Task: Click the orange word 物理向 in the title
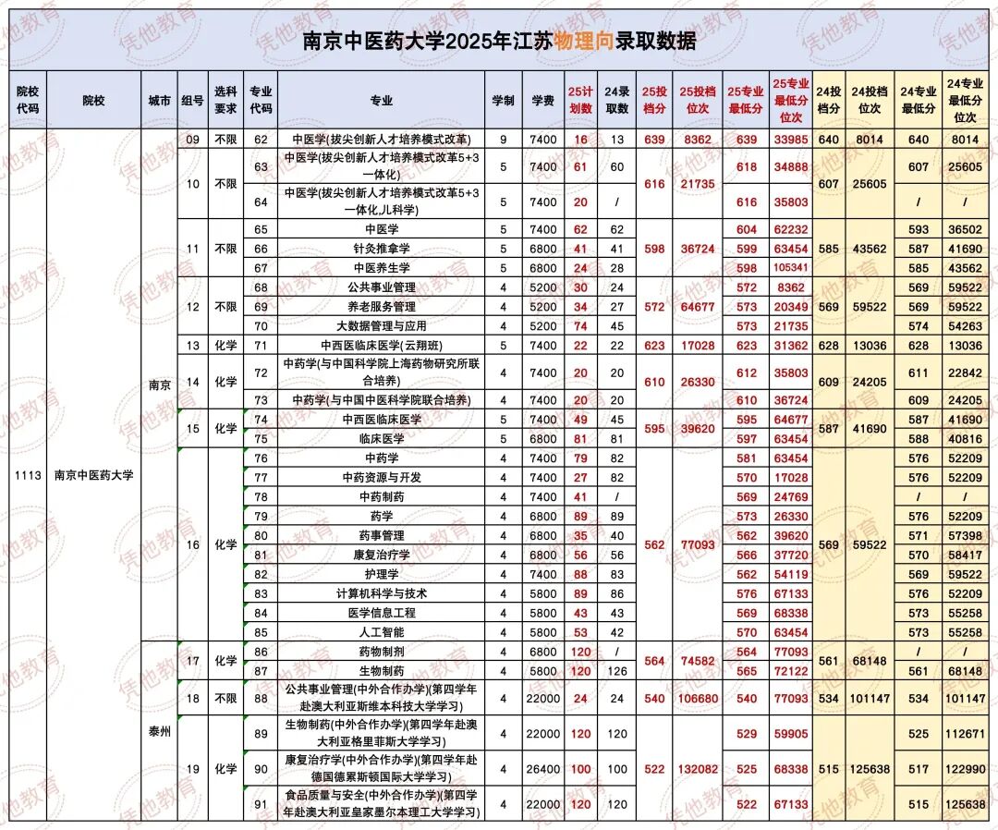(x=583, y=42)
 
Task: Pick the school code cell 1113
(x=28, y=475)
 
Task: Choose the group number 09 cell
(x=192, y=140)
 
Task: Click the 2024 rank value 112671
(x=966, y=734)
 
